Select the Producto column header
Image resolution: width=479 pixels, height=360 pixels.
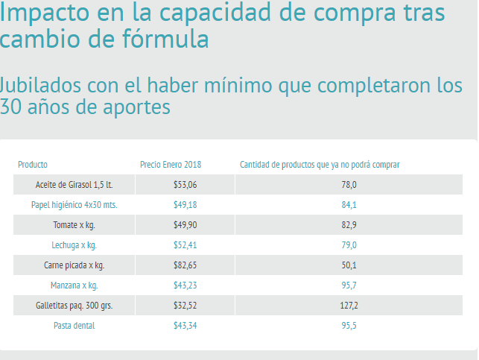tap(33, 164)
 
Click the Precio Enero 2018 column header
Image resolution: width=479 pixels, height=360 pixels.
tap(171, 164)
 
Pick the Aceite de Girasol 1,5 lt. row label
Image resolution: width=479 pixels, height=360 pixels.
tap(74, 184)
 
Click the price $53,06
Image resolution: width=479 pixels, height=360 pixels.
tap(185, 184)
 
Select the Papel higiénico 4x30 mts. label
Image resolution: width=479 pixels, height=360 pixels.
tap(74, 204)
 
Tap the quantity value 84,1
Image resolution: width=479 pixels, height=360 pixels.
tap(349, 204)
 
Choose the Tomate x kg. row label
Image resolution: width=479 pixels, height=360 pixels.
tap(74, 224)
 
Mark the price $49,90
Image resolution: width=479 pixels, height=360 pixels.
tap(185, 224)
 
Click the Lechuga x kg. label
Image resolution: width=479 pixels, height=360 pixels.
tap(74, 244)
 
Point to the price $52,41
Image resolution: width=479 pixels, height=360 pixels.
tap(185, 244)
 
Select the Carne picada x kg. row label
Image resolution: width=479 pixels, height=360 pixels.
tap(74, 265)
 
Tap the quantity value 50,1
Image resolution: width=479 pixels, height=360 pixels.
tap(349, 265)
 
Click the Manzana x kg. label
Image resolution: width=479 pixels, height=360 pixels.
tap(74, 285)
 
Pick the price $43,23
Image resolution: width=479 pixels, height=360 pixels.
tap(185, 285)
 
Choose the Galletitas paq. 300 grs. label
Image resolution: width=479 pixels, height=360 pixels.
tap(74, 305)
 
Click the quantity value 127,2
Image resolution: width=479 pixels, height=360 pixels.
tap(349, 305)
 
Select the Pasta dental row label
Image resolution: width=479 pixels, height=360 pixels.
tap(74, 325)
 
